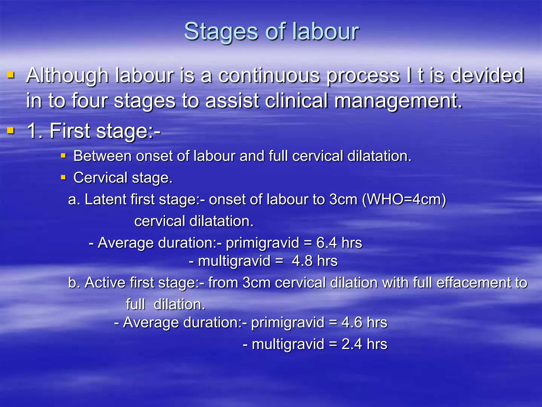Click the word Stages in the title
coord(221,32)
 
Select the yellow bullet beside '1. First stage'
coord(11,130)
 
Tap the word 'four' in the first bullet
coord(90,101)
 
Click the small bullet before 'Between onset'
coord(63,156)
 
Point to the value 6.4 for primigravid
coord(327,243)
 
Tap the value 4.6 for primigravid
coord(352,322)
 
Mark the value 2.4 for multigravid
coord(352,344)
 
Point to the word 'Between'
coord(102,156)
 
